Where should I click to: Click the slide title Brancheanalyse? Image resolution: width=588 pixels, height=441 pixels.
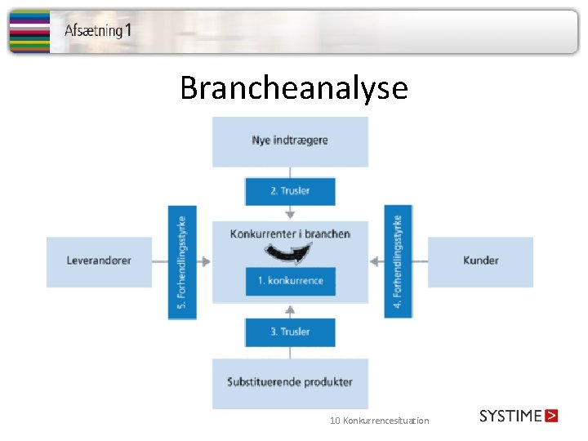tap(293, 87)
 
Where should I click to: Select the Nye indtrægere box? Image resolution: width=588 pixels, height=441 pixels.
tap(290, 140)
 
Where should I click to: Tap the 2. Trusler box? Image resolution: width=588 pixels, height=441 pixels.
tap(290, 191)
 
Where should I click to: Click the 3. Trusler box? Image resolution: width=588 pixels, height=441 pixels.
tap(290, 332)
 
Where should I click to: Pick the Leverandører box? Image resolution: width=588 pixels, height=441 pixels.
tap(99, 261)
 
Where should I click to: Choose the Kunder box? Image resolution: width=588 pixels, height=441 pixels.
tap(480, 261)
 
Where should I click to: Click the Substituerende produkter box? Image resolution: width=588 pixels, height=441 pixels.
tap(290, 382)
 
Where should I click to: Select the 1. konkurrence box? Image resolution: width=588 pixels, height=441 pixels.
tap(290, 281)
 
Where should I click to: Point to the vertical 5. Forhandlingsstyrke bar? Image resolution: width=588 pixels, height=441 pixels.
tap(182, 261)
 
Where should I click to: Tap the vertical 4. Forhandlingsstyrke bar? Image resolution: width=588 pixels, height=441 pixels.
tap(398, 261)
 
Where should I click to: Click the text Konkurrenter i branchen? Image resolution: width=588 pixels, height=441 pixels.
tap(290, 234)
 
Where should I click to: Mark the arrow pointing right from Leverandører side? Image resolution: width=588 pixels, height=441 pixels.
tap(203, 261)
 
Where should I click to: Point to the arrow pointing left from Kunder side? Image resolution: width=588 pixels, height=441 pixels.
tap(376, 261)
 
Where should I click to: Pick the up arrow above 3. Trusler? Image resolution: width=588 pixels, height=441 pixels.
tap(290, 311)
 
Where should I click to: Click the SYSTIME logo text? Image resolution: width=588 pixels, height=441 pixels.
tap(510, 416)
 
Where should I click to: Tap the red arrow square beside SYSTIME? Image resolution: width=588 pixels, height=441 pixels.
tap(551, 416)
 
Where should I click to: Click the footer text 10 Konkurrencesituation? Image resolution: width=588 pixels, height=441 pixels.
tap(379, 421)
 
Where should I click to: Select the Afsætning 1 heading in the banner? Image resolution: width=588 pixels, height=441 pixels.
tap(98, 31)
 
